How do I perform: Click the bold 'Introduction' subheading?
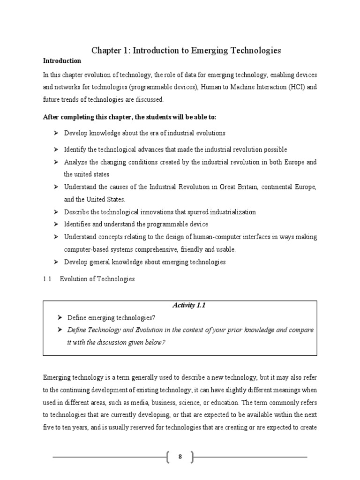click(x=62, y=61)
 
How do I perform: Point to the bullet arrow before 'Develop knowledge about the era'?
click(x=56, y=133)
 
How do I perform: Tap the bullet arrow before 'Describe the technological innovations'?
click(x=56, y=212)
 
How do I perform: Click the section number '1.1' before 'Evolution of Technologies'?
click(x=47, y=279)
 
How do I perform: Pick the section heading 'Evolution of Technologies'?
click(x=97, y=279)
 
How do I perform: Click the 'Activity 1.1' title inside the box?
click(x=189, y=305)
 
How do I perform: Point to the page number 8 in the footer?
click(x=180, y=457)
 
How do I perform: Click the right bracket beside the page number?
click(x=191, y=457)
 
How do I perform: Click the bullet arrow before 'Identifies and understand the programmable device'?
click(x=56, y=225)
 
